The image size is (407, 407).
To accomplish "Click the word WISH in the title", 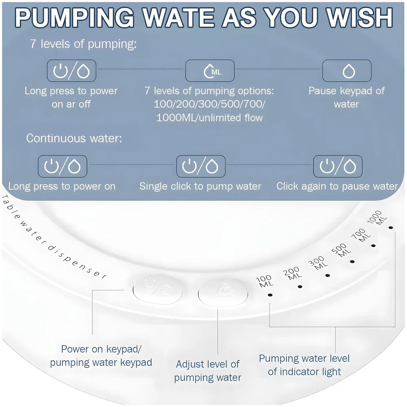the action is pos(359,18).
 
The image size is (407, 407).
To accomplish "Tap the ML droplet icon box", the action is pos(210,70).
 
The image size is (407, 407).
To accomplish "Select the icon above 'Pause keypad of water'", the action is pos(347,70).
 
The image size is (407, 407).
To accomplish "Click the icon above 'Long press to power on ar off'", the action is pos(71,70).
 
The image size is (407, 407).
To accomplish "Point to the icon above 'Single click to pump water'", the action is pos(201,166).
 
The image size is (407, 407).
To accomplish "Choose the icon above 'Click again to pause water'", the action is pos(338,166).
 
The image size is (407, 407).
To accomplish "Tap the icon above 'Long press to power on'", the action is pos(62,166).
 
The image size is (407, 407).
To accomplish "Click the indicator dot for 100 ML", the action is pos(270,295).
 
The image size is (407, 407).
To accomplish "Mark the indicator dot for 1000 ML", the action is pos(391,228).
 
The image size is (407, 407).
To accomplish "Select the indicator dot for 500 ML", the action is pos(352,261).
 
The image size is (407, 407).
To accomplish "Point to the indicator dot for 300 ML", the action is pos(328,276).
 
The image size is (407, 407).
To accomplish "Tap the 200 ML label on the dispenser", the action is pos(292,274).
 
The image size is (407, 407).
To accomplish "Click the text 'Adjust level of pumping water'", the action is pos(208,371).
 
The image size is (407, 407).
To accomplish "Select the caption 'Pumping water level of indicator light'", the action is pos(304,365).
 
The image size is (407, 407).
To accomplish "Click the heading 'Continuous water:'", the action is pos(74,138).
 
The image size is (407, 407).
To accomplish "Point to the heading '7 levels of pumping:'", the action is pos(83,44).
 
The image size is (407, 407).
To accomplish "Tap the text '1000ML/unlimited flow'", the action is pos(210,118).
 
